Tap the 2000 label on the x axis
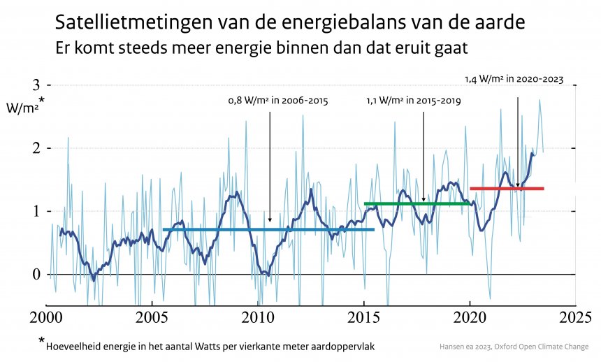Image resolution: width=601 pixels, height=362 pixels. [46, 318]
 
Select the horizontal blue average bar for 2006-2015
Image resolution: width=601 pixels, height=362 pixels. [268, 229]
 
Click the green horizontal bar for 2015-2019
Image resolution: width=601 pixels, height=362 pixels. [417, 203]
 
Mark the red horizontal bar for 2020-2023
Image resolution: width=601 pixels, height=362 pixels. [507, 188]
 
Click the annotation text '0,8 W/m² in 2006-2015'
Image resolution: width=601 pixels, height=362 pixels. [278, 101]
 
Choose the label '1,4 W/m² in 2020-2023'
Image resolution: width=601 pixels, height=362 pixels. [514, 80]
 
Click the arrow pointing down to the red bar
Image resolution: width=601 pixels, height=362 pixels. [518, 140]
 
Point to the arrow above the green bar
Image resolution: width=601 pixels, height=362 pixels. [423, 154]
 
